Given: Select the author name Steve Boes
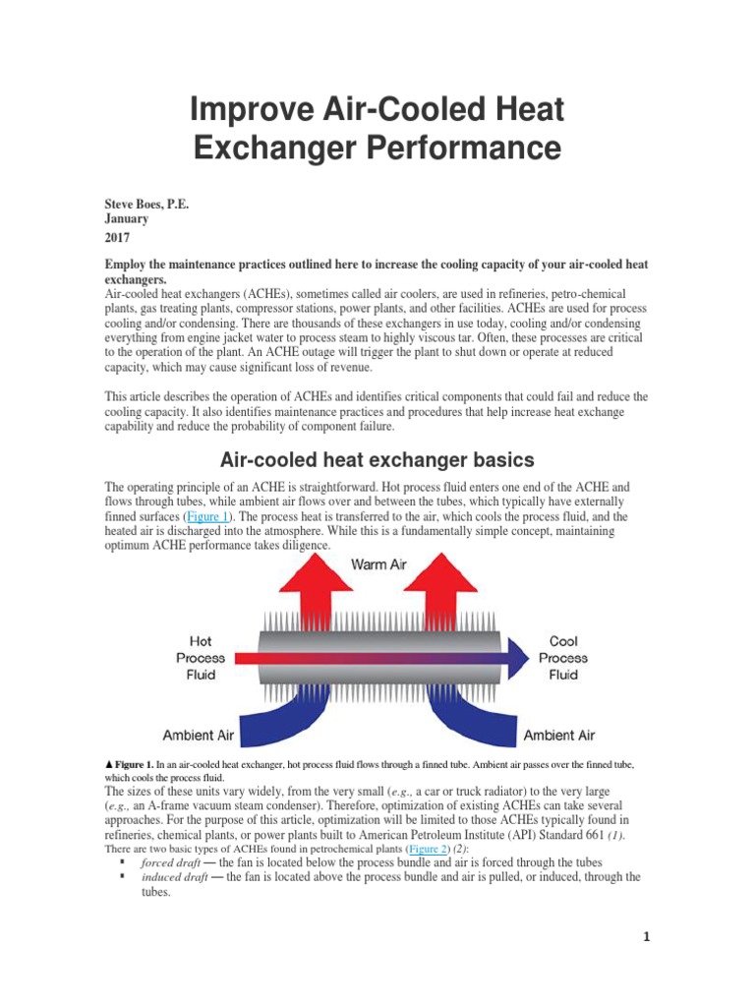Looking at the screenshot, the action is click(x=145, y=205).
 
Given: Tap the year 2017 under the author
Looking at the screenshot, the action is click(x=117, y=238).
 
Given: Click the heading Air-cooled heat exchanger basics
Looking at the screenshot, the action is click(x=377, y=459).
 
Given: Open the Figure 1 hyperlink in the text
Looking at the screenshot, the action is click(x=206, y=516).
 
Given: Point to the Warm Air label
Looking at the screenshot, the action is click(x=378, y=564).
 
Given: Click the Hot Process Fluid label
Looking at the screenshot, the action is click(x=201, y=658).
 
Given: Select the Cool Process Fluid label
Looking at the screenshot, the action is click(x=563, y=658).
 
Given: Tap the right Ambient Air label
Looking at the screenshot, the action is click(x=558, y=735).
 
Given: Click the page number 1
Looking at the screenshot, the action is click(x=647, y=937).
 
